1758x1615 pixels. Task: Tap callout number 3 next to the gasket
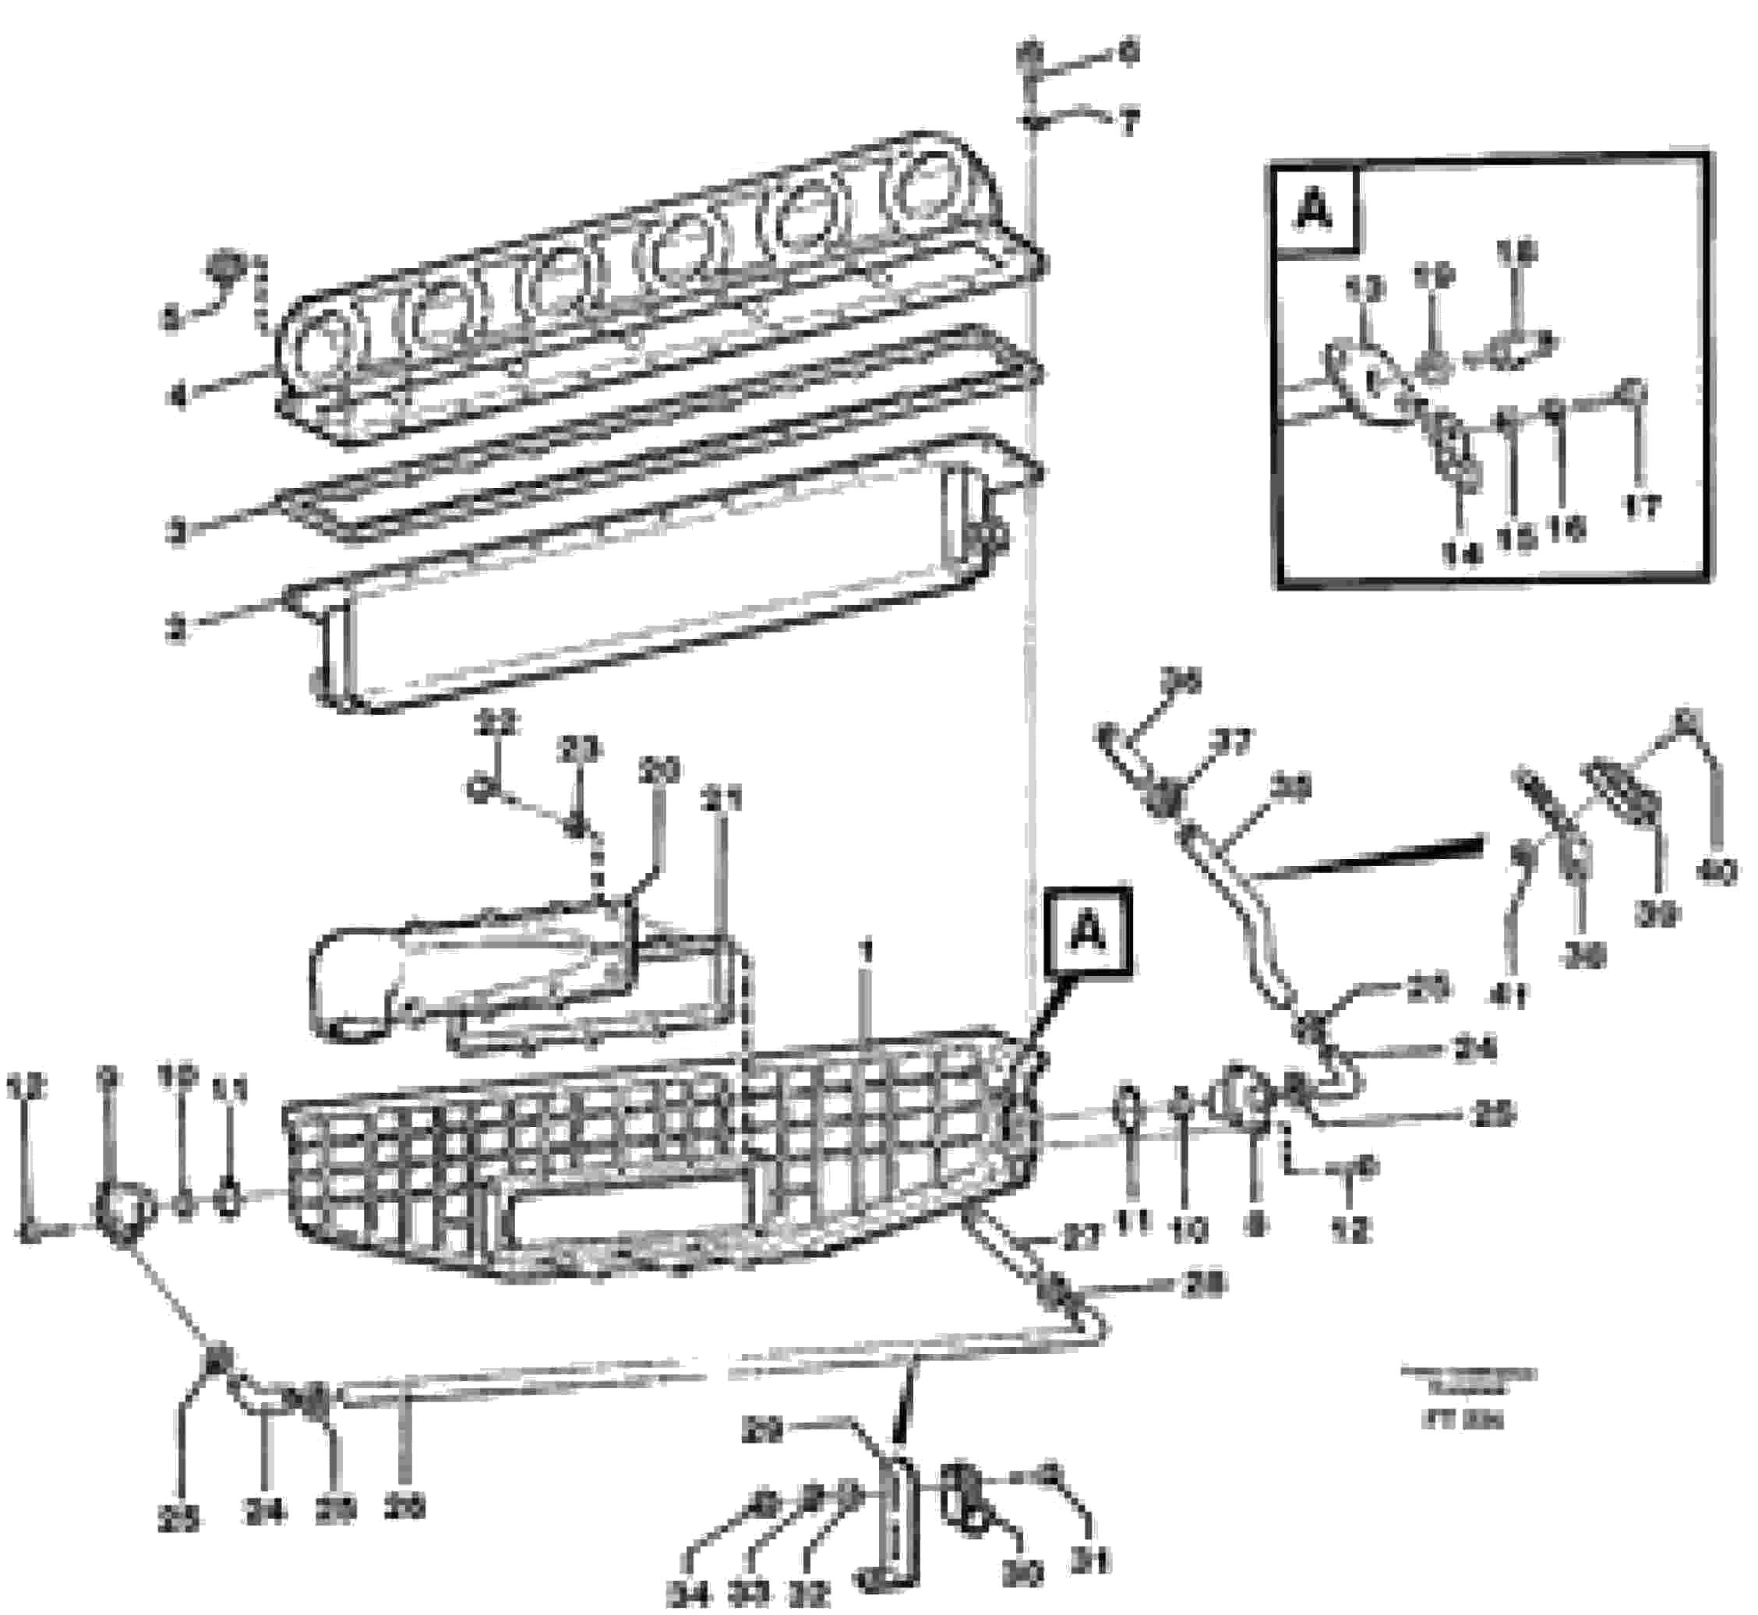[x=178, y=532]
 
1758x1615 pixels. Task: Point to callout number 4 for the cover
[x=178, y=399]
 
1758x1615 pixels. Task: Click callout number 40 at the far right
[x=1715, y=872]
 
